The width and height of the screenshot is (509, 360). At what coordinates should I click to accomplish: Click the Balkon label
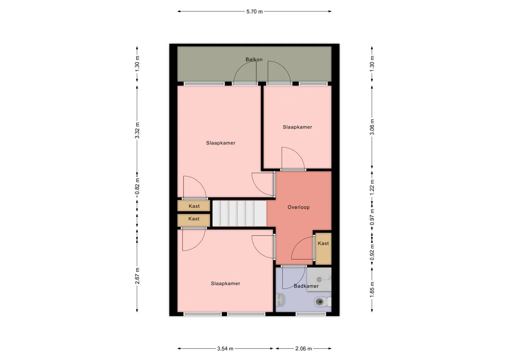pyautogui.click(x=254, y=59)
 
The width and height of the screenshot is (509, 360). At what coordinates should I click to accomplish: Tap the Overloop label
pyautogui.click(x=298, y=207)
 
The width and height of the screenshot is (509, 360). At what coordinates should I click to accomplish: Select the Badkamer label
pyautogui.click(x=306, y=286)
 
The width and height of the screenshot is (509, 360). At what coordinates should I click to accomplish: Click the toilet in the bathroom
pyautogui.click(x=323, y=302)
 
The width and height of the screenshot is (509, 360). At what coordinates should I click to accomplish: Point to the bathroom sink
pyautogui.click(x=280, y=300)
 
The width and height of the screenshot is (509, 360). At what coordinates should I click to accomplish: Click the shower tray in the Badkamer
pyautogui.click(x=319, y=279)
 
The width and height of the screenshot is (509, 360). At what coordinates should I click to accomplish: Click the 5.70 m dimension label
pyautogui.click(x=254, y=12)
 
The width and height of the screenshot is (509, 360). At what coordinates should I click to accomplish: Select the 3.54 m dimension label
pyautogui.click(x=225, y=348)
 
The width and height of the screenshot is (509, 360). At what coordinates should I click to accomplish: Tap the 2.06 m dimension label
pyautogui.click(x=303, y=348)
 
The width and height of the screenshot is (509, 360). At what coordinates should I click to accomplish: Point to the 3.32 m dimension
pyautogui.click(x=137, y=130)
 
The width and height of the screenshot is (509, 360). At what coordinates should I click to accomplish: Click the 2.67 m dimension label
pyautogui.click(x=137, y=276)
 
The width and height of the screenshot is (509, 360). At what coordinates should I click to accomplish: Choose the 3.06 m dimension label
pyautogui.click(x=372, y=127)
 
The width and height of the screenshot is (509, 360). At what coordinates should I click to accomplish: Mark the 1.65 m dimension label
pyautogui.click(x=372, y=289)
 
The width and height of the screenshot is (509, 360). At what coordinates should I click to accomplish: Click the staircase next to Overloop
pyautogui.click(x=239, y=213)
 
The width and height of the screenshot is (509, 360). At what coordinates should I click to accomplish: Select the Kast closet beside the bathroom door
pyautogui.click(x=323, y=248)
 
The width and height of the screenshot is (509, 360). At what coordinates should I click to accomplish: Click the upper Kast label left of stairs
pyautogui.click(x=194, y=206)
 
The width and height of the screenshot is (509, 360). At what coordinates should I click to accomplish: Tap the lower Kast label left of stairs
pyautogui.click(x=194, y=219)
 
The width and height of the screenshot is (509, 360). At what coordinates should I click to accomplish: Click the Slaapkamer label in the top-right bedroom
pyautogui.click(x=297, y=127)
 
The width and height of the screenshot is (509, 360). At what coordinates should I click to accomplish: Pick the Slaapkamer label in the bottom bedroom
pyautogui.click(x=226, y=283)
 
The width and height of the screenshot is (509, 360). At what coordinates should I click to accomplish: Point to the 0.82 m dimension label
pyautogui.click(x=137, y=187)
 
